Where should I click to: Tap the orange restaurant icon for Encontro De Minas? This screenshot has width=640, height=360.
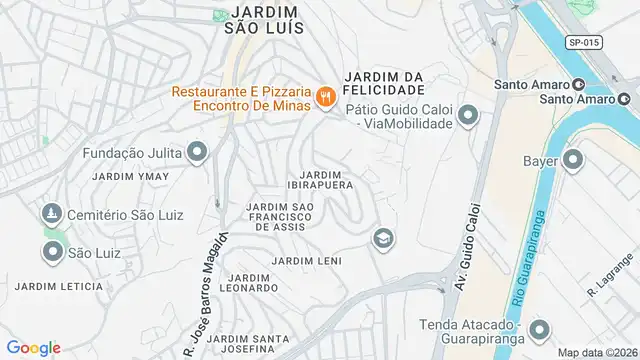(x=324, y=97)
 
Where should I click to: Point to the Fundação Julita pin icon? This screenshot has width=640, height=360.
(x=197, y=153)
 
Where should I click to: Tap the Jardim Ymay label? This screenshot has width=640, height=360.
(x=124, y=176)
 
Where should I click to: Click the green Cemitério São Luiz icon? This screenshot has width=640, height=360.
(x=52, y=214)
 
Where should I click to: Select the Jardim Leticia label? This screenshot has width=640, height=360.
(x=59, y=286)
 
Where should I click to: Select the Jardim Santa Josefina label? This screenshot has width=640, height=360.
(x=242, y=344)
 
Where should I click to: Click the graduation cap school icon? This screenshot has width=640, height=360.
(x=382, y=238)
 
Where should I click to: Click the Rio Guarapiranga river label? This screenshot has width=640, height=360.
(x=540, y=249)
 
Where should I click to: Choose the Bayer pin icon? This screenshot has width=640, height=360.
(x=573, y=159)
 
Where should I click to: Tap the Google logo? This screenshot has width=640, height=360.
(x=33, y=347)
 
